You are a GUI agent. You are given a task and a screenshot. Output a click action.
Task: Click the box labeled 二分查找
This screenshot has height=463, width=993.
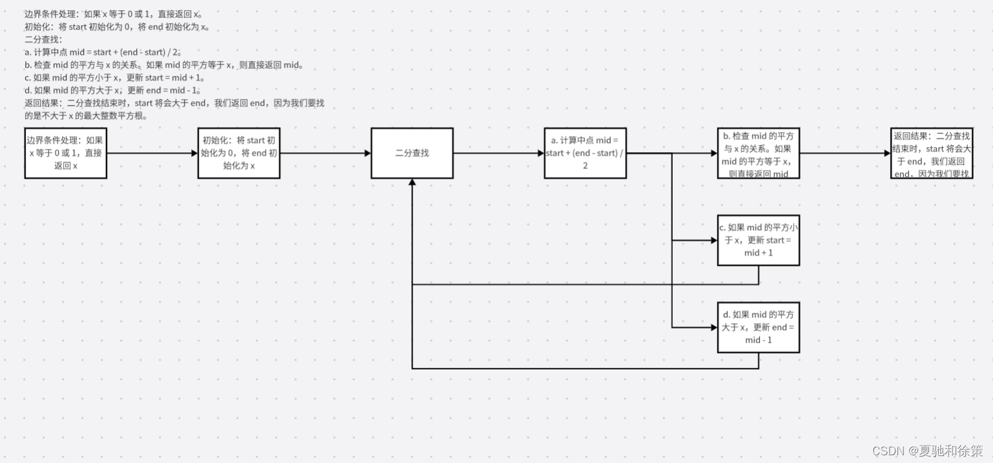(412, 153)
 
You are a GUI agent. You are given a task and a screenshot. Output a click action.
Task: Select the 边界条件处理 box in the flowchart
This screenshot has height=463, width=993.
(65, 153)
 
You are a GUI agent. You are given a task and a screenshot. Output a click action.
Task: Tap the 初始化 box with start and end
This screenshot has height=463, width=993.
(239, 153)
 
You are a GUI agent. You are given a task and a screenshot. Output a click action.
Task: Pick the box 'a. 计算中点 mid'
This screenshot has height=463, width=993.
(585, 153)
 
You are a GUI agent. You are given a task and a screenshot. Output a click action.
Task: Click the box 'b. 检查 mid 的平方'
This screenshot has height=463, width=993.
(759, 153)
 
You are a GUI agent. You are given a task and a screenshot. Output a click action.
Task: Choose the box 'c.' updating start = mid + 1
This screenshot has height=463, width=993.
(759, 240)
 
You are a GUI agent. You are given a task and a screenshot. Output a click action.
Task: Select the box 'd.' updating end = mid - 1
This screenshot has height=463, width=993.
(759, 328)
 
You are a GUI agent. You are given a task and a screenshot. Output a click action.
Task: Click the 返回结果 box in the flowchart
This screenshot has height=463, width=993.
(932, 153)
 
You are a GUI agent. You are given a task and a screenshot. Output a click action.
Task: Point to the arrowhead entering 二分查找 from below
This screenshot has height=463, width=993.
(412, 182)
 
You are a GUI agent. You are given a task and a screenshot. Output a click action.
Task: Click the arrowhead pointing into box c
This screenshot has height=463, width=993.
(713, 240)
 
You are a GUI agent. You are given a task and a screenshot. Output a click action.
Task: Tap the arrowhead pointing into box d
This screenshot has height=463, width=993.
(713, 328)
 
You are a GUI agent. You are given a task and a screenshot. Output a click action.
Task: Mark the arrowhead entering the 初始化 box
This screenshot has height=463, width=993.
(194, 153)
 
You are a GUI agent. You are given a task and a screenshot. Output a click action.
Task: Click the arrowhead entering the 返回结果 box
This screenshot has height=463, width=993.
(886, 153)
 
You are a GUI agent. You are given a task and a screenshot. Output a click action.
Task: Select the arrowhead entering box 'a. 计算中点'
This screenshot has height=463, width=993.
(540, 153)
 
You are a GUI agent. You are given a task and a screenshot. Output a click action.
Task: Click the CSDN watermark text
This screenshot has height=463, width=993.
(927, 450)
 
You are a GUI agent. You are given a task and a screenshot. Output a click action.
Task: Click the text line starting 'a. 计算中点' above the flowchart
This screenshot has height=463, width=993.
(103, 52)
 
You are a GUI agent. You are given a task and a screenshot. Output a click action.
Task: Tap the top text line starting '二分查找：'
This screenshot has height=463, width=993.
(43, 39)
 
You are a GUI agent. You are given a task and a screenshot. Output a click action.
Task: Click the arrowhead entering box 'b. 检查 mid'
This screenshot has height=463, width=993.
(713, 153)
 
